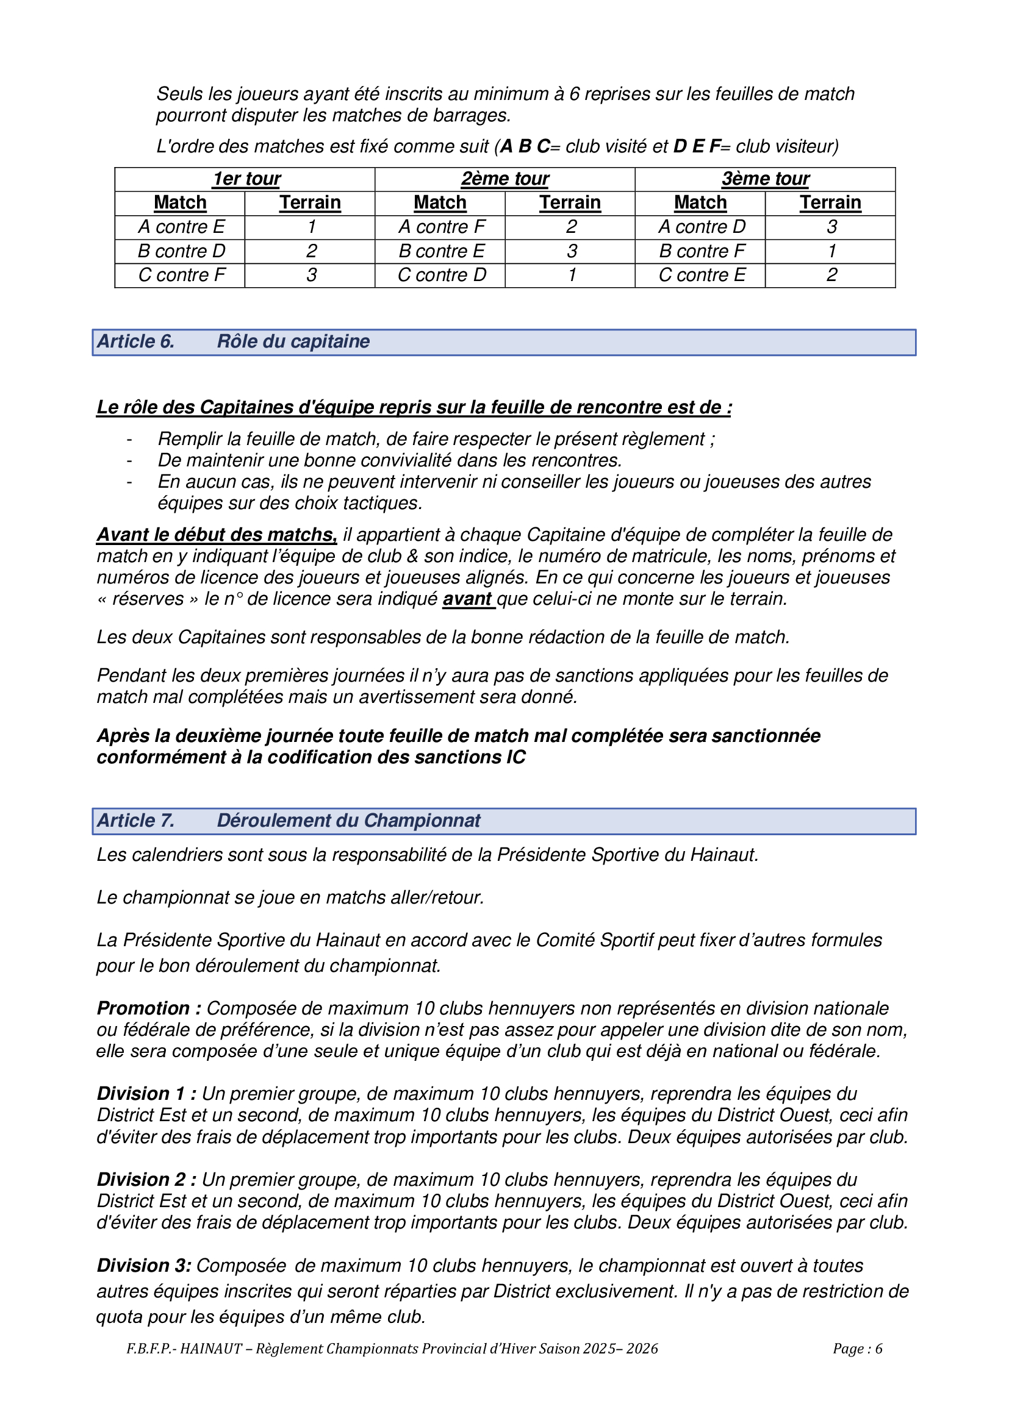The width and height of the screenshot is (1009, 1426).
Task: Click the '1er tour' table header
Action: (246, 179)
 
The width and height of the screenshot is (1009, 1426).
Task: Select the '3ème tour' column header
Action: (765, 179)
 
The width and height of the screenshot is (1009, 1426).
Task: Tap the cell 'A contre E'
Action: (181, 227)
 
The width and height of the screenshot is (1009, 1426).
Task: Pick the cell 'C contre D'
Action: (442, 274)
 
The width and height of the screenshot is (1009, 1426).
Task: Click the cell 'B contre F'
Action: (702, 251)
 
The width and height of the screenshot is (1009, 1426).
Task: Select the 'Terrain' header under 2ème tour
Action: (570, 202)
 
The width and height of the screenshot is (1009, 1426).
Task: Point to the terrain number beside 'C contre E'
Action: (831, 274)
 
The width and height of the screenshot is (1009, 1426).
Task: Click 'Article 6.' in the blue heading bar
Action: (136, 341)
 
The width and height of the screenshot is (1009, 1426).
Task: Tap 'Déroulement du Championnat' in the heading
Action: (348, 821)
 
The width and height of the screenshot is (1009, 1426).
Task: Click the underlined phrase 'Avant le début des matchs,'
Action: (216, 535)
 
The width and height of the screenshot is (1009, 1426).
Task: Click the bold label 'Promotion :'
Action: (149, 1008)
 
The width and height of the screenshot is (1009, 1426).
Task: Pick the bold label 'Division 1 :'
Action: (146, 1094)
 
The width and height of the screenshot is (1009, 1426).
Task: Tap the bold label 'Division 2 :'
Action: (146, 1180)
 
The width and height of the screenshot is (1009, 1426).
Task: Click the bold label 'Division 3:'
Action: (143, 1265)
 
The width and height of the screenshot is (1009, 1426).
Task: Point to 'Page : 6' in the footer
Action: (857, 1349)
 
